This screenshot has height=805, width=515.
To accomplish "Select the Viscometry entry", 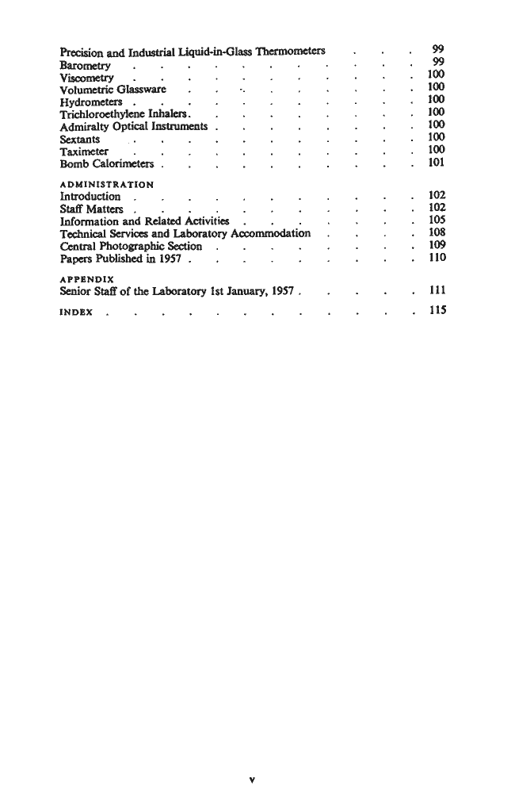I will [86, 79].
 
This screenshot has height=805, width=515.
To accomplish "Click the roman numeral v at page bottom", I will [251, 778].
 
